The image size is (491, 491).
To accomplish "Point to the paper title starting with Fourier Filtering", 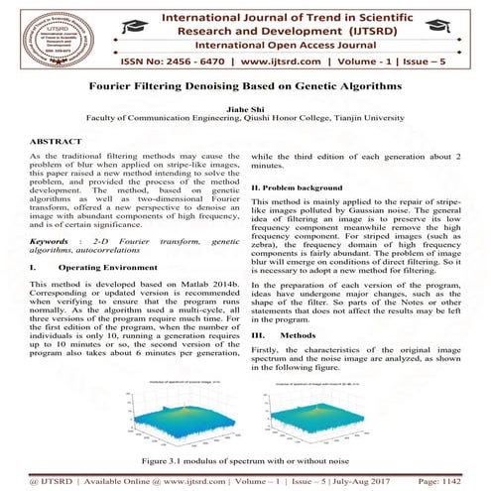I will [x=245, y=86].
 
